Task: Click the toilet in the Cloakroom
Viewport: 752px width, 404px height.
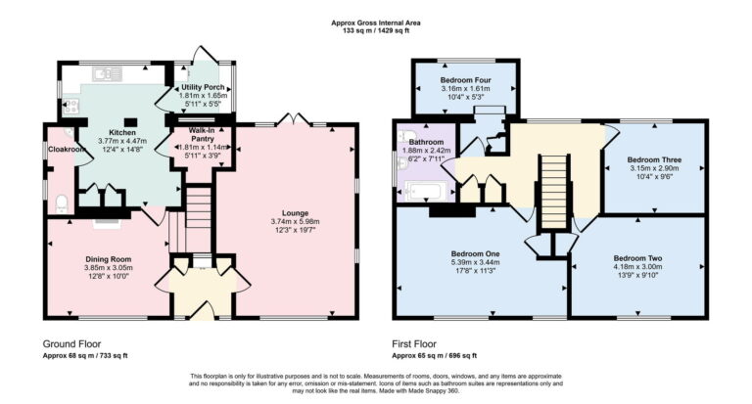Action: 61,203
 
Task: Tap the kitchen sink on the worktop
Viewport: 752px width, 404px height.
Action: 105,74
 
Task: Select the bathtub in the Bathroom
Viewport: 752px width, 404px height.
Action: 423,191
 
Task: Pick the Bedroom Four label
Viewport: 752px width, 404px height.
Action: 465,79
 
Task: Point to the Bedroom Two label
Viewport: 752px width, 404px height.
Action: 637,258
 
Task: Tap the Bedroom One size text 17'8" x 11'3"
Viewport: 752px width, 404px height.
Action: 478,271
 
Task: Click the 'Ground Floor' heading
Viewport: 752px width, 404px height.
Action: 74,343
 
